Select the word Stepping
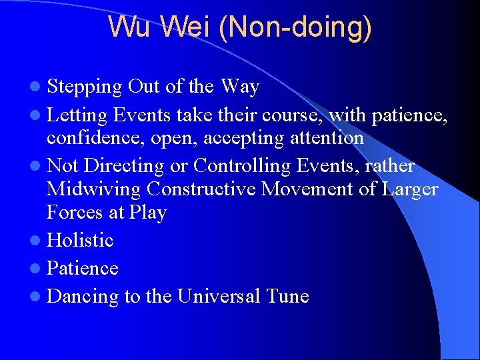coord(84,87)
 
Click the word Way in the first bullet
coord(239,87)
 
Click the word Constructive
coord(201,189)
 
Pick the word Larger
coord(410,189)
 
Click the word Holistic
coord(80,239)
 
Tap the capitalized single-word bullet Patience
coord(83,268)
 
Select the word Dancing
coord(83,297)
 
